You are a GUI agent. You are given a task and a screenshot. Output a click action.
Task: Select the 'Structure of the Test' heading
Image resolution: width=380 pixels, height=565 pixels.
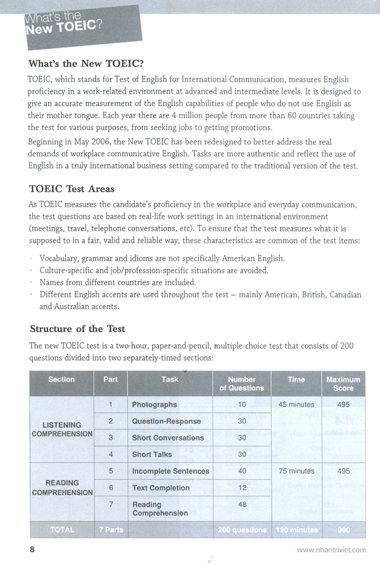tap(77, 328)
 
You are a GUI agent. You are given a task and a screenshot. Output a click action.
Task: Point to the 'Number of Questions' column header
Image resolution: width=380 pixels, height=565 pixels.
tap(241, 384)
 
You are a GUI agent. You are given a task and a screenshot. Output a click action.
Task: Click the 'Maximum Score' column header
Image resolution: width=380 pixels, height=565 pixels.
tap(343, 384)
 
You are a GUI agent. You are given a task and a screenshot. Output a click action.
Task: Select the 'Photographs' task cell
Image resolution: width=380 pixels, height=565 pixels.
tap(154, 405)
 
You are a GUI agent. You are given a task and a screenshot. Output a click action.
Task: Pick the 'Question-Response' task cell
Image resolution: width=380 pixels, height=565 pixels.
tap(166, 421)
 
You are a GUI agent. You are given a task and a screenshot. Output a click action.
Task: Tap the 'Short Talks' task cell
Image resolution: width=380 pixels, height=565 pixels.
tap(151, 455)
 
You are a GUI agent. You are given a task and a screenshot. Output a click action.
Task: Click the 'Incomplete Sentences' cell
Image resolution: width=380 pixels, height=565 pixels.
tap(170, 471)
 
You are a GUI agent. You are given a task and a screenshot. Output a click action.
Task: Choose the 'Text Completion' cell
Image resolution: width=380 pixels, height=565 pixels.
tap(160, 488)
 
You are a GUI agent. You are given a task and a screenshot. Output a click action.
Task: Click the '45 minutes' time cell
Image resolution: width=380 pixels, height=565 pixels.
tap(296, 405)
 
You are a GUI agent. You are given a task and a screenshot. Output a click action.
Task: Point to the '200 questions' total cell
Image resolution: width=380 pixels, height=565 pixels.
tap(241, 530)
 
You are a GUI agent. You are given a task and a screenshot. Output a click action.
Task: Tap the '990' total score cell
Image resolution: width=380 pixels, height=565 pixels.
tap(343, 530)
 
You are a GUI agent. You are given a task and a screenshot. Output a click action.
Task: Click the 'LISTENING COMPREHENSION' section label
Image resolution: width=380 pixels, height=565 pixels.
tap(61, 429)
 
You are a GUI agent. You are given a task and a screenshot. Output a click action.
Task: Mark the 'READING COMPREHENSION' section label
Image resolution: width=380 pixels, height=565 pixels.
tap(61, 488)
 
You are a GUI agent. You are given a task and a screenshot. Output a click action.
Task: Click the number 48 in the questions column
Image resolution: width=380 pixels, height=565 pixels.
tap(241, 505)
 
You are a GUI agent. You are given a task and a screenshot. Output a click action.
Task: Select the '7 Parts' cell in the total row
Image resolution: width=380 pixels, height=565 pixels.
tap(110, 530)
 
